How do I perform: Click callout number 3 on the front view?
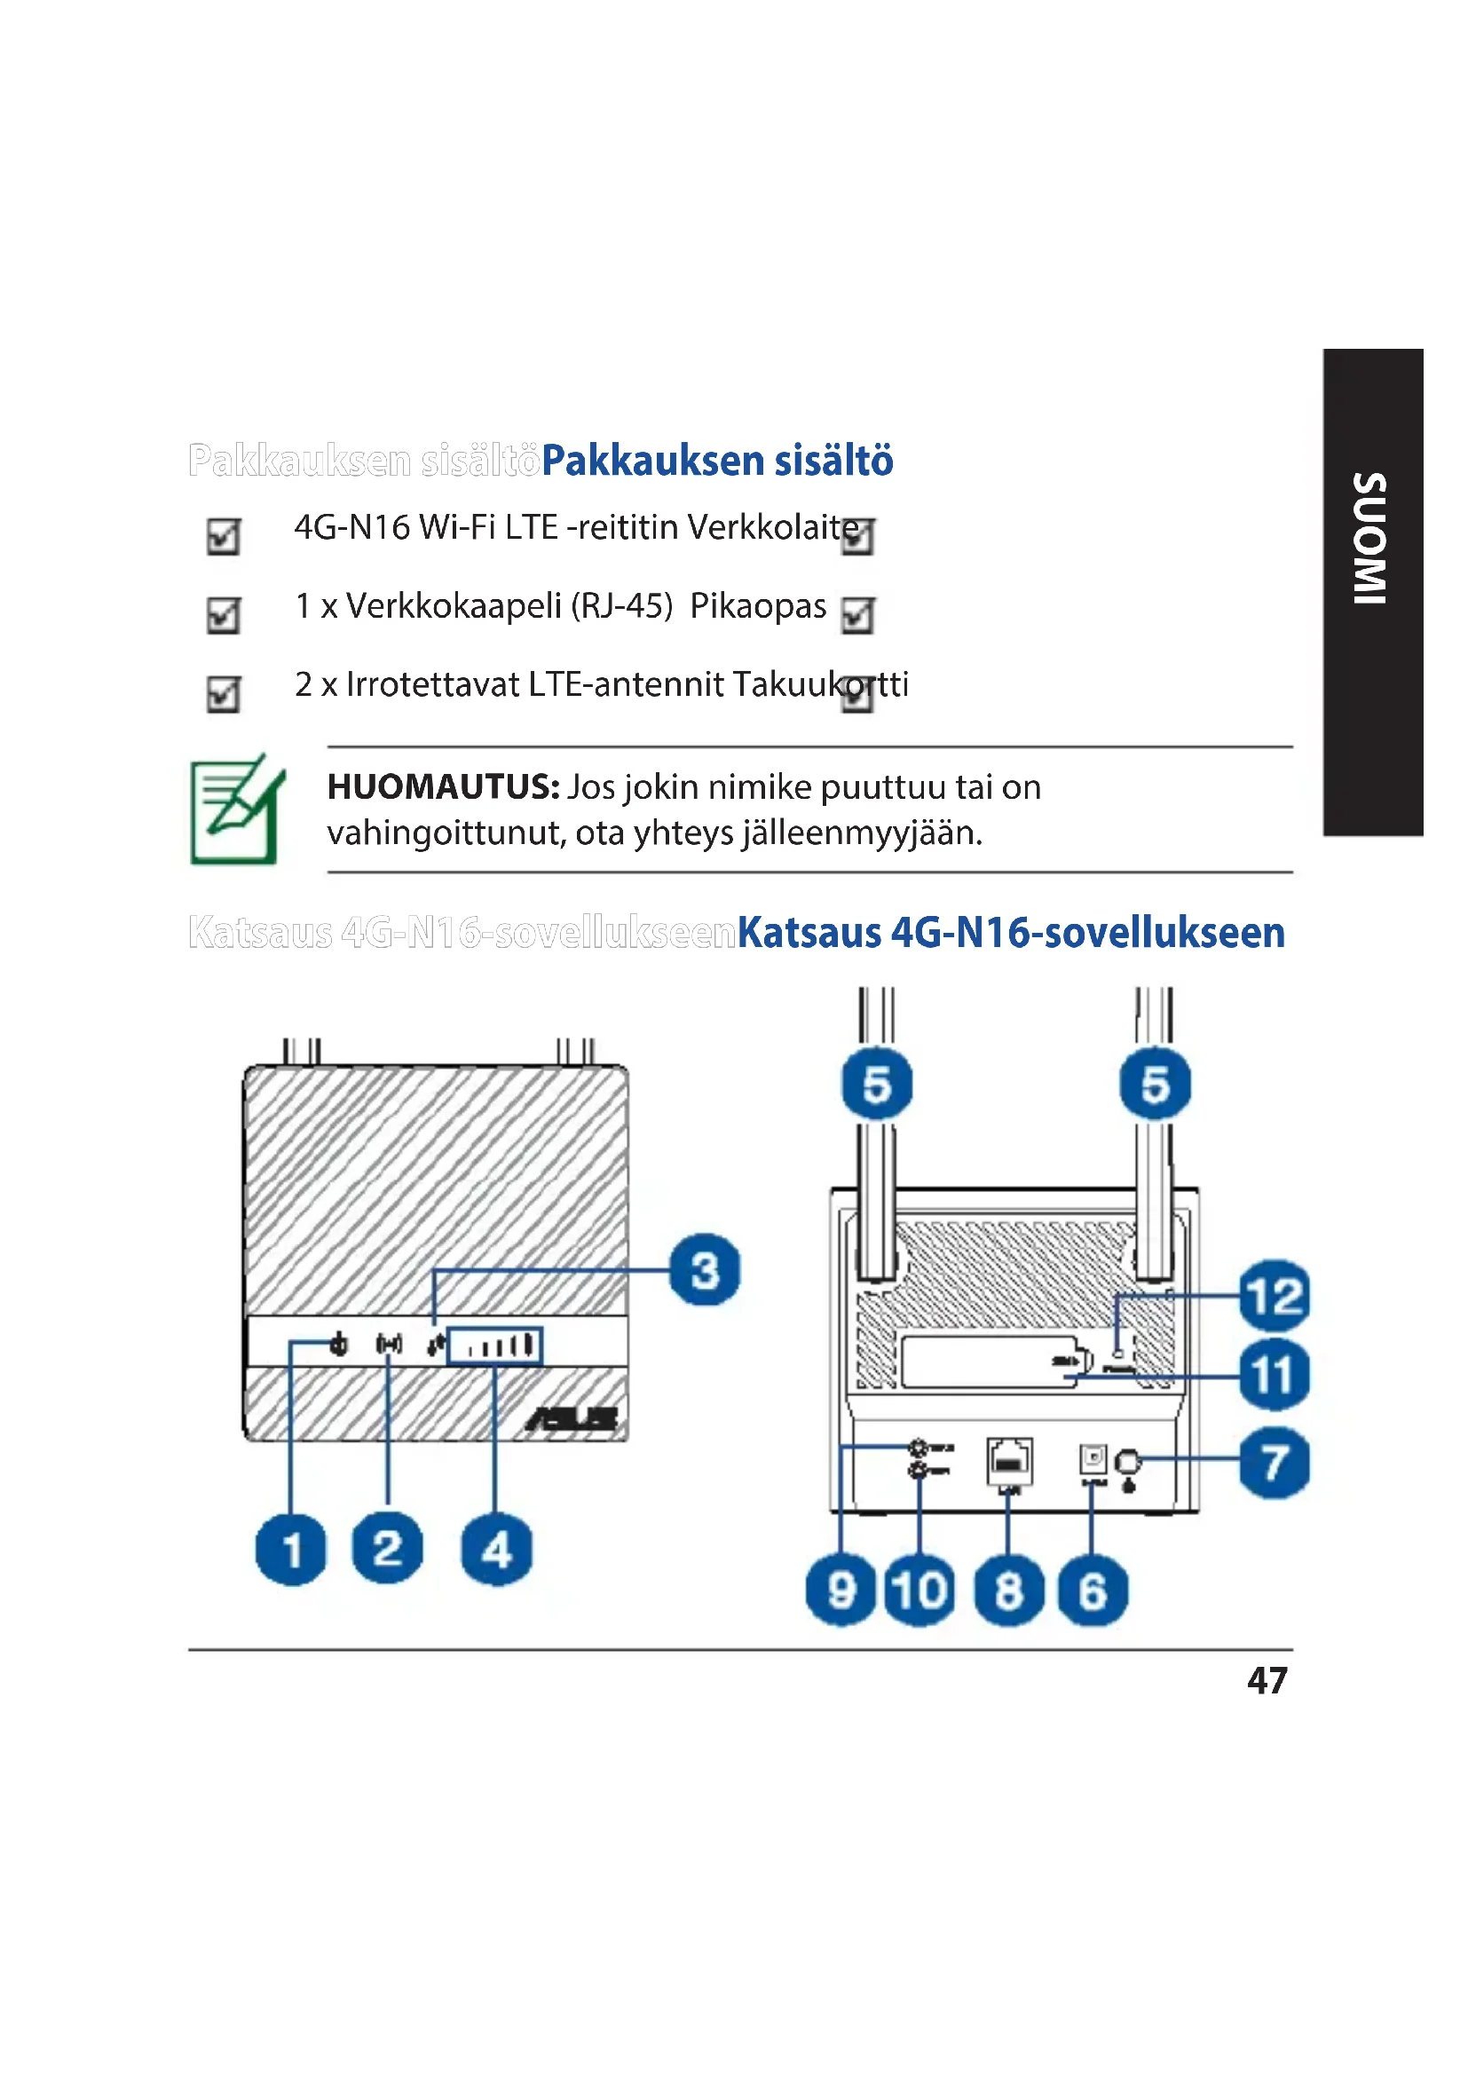704,1269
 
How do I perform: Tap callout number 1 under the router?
291,1550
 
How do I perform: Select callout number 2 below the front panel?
387,1548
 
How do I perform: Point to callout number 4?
496,1550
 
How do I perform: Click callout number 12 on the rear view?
1274,1296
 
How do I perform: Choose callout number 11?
1274,1375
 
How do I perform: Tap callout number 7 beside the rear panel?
1274,1462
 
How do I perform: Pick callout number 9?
841,1591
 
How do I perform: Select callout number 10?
919,1591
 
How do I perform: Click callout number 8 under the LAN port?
1009,1591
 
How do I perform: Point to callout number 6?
1092,1591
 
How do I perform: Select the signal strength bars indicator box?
494,1346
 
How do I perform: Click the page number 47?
1267,1681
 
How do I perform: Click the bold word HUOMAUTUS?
443,786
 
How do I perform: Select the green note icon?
237,809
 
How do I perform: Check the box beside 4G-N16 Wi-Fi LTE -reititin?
224,536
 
